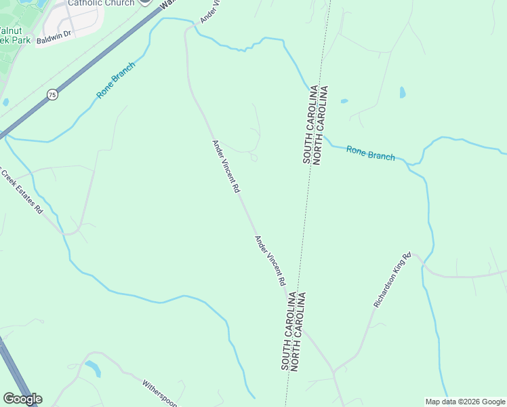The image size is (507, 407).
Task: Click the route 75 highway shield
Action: [x=52, y=95]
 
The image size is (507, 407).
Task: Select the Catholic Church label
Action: [x=99, y=3]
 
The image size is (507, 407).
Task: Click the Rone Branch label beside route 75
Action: [x=116, y=80]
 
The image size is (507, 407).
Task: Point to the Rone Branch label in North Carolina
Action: [x=370, y=153]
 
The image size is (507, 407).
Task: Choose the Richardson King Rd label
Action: [x=392, y=280]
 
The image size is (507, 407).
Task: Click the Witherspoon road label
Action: [x=159, y=393]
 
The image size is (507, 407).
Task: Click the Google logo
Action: [x=22, y=399]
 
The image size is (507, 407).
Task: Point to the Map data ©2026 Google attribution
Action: [x=465, y=402]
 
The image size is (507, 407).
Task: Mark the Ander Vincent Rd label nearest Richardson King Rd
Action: [x=270, y=260]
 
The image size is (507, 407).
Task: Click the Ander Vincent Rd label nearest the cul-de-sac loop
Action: [x=226, y=167]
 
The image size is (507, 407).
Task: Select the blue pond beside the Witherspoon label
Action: [x=94, y=369]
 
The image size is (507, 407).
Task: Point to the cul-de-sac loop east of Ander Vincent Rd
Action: [x=254, y=158]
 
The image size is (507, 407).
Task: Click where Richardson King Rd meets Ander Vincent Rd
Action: [x=333, y=372]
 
